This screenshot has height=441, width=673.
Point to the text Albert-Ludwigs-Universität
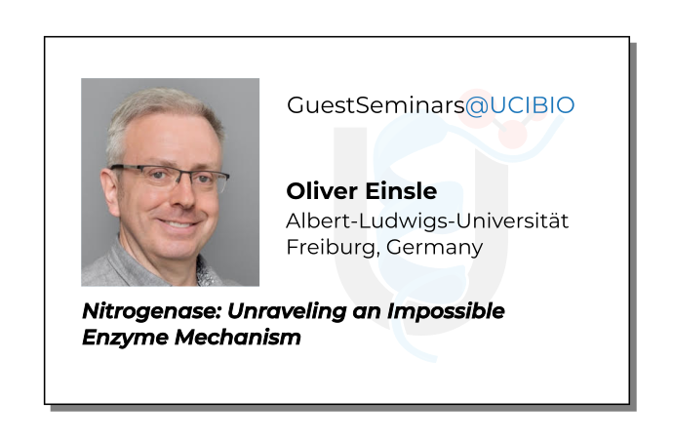tap(426, 220)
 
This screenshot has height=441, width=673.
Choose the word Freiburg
tap(328, 247)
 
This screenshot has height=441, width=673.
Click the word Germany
tap(434, 247)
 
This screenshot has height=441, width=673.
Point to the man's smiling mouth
tap(175, 223)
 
